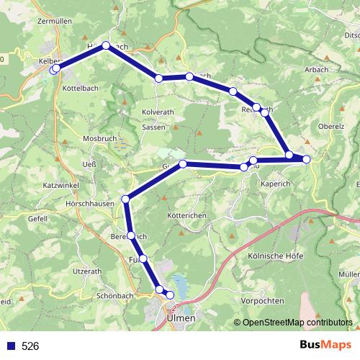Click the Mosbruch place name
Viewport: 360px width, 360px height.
point(100,138)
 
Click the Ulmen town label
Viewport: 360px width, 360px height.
point(181,316)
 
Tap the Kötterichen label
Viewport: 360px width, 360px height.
point(186,216)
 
